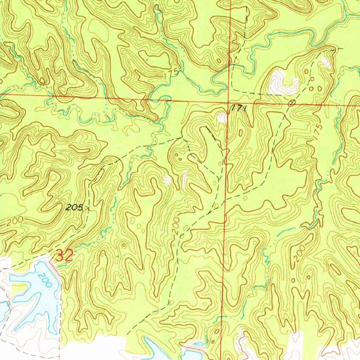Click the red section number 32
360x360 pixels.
64,256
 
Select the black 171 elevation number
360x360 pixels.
238,109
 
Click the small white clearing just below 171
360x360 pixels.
222,118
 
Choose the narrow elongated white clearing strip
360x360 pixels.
185,179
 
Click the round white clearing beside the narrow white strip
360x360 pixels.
168,180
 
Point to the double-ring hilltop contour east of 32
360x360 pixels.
123,245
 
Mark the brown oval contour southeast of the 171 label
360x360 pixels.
240,133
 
